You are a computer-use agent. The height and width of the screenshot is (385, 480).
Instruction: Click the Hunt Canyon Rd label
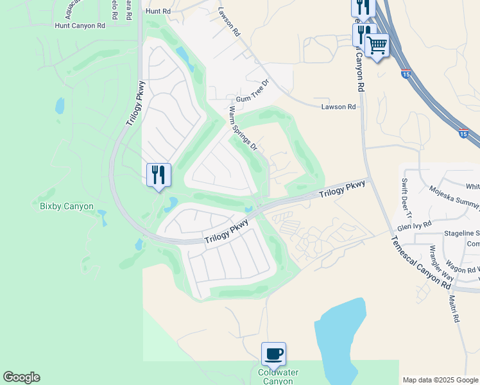pyautogui.click(x=80, y=26)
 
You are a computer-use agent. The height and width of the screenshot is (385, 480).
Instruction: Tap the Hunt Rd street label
pyautogui.click(x=158, y=12)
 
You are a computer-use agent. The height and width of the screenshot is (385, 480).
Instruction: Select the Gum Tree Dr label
pyautogui.click(x=254, y=92)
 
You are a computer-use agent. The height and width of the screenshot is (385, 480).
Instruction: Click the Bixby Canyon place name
pyautogui.click(x=67, y=207)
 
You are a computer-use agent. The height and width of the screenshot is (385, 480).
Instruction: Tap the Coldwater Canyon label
pyautogui.click(x=275, y=377)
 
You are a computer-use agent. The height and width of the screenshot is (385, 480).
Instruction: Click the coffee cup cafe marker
pyautogui.click(x=273, y=354)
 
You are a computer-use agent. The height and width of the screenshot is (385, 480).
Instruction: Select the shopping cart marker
pyautogui.click(x=377, y=45)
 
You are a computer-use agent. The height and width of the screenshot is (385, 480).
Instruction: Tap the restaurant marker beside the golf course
pyautogui.click(x=158, y=175)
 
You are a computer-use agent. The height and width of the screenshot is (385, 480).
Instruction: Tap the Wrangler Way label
pyautogui.click(x=441, y=264)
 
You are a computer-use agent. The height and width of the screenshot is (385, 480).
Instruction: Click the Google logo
pyautogui.click(x=21, y=377)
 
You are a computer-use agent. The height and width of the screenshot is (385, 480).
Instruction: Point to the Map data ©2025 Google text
pyautogui.click(x=440, y=380)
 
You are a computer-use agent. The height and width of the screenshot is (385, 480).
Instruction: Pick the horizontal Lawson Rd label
pyautogui.click(x=338, y=107)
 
